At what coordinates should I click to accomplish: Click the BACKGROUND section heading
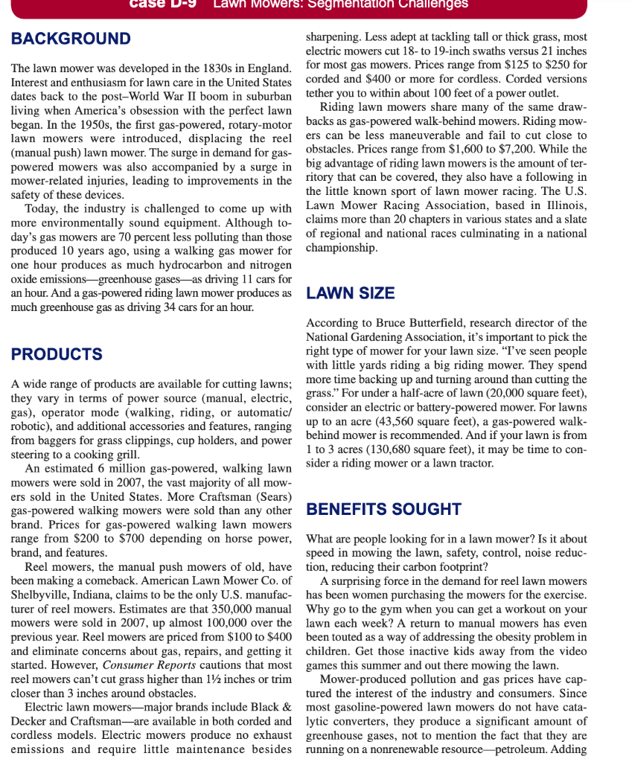71,39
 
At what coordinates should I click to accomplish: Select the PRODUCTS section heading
57,353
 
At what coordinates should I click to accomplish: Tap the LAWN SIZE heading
351,293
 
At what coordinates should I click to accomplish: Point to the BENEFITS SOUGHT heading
384,509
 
